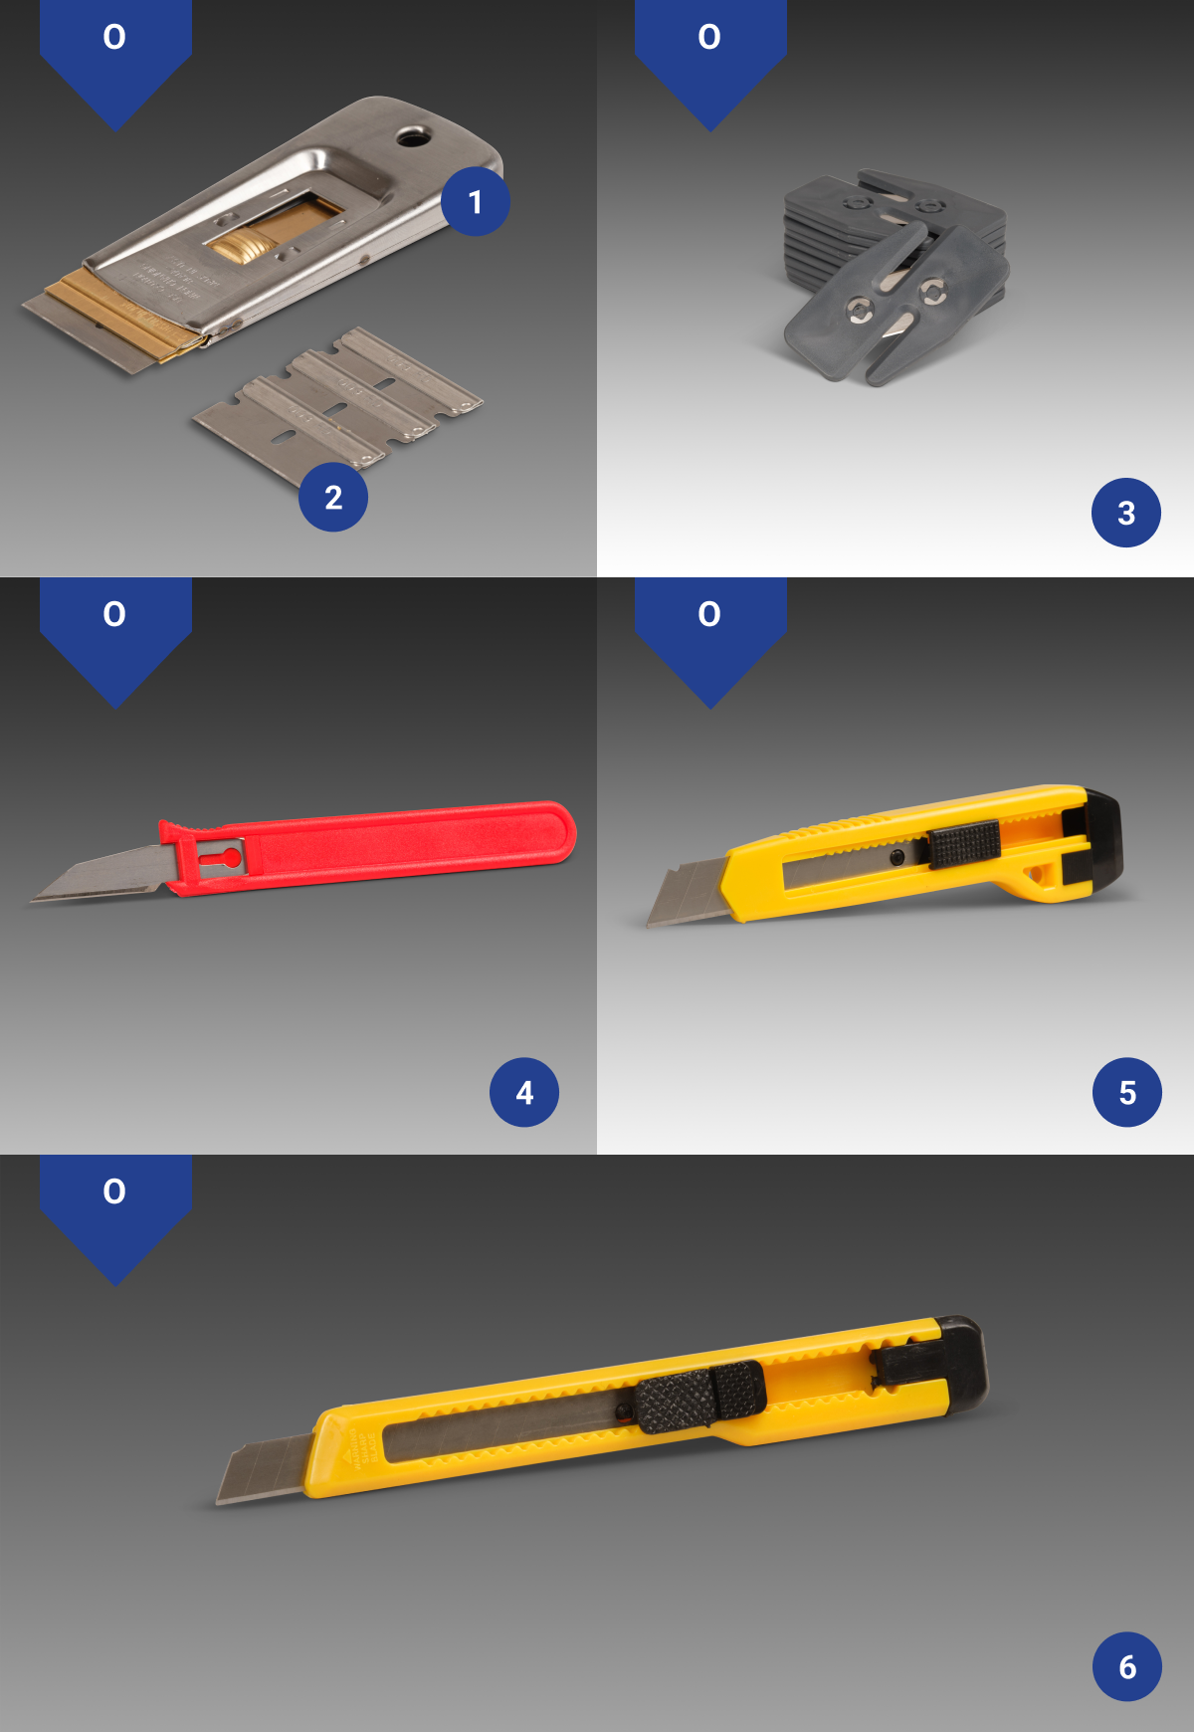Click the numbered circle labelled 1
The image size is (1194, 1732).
point(476,202)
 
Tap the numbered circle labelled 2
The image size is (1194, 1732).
point(333,497)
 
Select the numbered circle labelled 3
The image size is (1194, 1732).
point(1126,513)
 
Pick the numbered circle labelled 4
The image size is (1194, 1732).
point(524,1092)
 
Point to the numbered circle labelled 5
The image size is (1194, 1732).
point(1127,1092)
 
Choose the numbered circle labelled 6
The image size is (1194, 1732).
point(1127,1666)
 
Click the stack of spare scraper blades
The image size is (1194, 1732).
point(338,403)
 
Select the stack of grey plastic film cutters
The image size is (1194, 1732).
point(895,274)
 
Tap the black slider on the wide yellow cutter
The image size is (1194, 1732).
point(963,845)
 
